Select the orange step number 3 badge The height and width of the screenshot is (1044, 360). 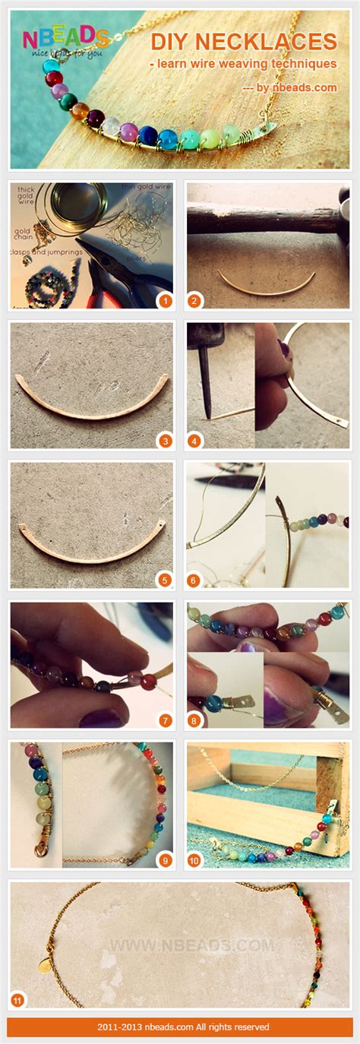click(x=164, y=440)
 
